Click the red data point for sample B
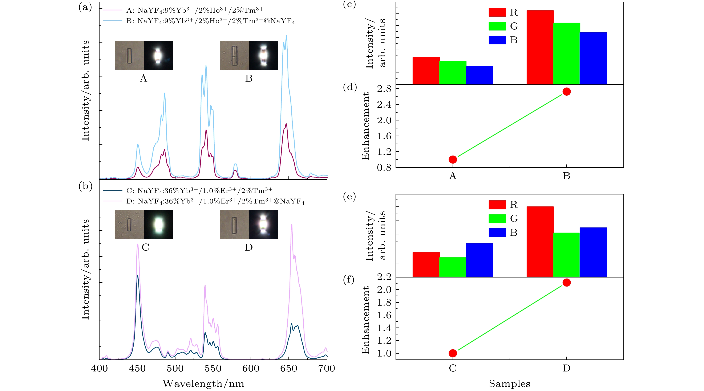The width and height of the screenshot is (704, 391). (567, 92)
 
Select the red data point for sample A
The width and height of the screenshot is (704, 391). (453, 160)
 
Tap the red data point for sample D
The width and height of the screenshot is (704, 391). (567, 283)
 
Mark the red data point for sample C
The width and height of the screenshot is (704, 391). (453, 353)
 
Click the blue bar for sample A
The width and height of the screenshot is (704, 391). (479, 75)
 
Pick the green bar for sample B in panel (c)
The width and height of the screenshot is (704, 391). (567, 54)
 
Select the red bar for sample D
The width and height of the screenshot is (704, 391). (540, 242)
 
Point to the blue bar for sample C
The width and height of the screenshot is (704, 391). (479, 260)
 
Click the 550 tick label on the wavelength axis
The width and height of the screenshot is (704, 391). (213, 369)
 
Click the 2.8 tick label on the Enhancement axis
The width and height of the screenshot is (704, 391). (384, 89)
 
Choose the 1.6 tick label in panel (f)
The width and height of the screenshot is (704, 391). (384, 315)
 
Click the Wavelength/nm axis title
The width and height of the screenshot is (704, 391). (203, 384)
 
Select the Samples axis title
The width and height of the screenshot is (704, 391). (509, 384)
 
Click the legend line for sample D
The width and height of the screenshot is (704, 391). (112, 201)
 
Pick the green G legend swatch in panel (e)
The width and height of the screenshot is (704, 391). (497, 218)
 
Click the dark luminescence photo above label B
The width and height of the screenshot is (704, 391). (263, 55)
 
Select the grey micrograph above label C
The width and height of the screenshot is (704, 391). (129, 225)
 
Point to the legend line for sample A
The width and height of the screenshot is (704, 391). (112, 10)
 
